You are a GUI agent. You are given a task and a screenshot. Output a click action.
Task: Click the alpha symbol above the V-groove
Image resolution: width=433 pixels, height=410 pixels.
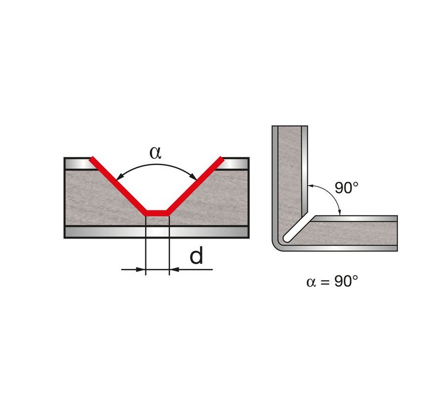[x=155, y=153]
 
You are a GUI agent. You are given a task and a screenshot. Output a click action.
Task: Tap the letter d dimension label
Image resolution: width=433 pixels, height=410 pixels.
[x=196, y=255]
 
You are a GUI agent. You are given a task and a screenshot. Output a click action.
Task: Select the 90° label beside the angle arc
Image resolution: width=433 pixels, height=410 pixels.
[x=347, y=188]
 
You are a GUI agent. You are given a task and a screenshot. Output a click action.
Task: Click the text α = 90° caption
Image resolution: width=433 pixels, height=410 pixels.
[x=332, y=282]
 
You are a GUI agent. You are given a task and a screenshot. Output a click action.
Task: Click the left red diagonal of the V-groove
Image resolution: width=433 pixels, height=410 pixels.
[x=118, y=186]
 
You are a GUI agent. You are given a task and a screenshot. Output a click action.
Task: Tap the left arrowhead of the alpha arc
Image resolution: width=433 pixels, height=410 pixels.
[x=120, y=176]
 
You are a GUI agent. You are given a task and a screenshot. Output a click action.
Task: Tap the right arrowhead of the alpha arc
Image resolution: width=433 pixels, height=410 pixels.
[x=193, y=176]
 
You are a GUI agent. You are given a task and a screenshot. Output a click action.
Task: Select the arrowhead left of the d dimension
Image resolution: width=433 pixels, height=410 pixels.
[x=141, y=269]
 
